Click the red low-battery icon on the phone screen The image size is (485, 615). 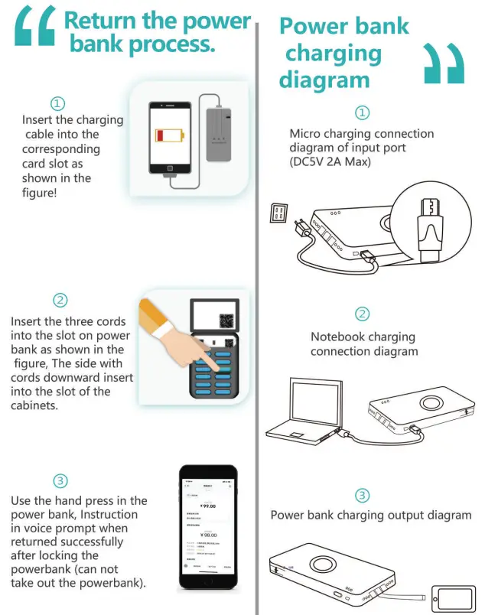click(169, 136)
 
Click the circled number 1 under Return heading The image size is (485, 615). click(57, 103)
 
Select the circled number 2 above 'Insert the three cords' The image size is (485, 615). click(60, 300)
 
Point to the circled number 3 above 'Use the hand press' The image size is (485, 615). click(60, 481)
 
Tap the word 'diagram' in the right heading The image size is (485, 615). click(324, 79)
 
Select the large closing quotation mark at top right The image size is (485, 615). click(444, 63)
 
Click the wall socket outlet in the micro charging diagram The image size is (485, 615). click(278, 213)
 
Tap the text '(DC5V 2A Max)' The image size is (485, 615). click(330, 162)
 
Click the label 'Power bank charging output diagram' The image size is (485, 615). click(371, 515)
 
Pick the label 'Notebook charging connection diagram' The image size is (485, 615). click(363, 344)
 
